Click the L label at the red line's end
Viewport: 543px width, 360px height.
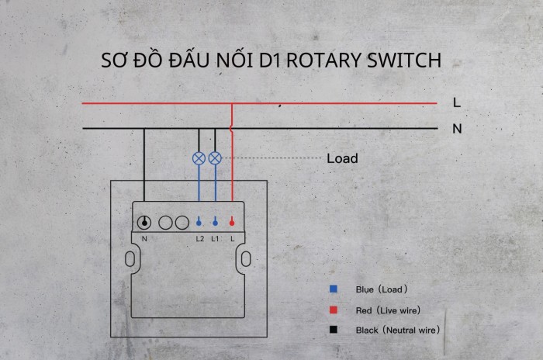click(x=457, y=102)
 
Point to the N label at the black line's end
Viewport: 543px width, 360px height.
click(x=457, y=128)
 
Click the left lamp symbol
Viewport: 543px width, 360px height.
click(x=199, y=157)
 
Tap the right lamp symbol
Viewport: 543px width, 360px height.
click(x=215, y=157)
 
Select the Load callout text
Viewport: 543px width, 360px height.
click(x=342, y=158)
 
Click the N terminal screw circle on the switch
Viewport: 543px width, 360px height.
click(x=144, y=222)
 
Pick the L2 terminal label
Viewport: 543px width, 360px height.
click(x=199, y=238)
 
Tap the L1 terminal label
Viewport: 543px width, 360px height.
click(x=215, y=238)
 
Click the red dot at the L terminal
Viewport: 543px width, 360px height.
click(x=232, y=222)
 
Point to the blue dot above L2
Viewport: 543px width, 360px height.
click(x=199, y=222)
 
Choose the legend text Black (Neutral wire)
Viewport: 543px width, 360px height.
click(x=398, y=330)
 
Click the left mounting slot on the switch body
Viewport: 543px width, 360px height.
click(x=136, y=258)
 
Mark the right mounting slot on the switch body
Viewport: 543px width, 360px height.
click(x=245, y=258)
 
